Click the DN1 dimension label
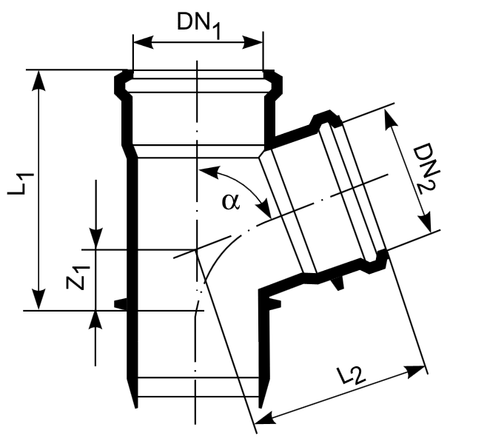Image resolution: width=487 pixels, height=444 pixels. [x=199, y=25]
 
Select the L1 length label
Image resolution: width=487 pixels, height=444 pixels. [x=20, y=184]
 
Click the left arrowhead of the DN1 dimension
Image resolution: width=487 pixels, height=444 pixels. [x=143, y=42]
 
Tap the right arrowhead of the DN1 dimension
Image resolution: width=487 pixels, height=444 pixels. [x=252, y=42]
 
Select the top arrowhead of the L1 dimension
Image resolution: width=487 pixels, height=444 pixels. [x=38, y=81]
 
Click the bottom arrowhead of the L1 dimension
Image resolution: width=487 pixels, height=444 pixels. [x=38, y=300]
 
